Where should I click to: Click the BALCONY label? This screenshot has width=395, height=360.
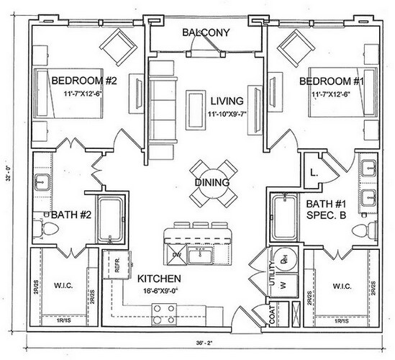205,33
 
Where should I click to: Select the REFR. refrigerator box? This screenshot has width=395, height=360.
114,264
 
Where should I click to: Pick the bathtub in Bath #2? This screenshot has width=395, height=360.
112,215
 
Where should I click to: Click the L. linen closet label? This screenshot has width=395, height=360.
314,171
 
